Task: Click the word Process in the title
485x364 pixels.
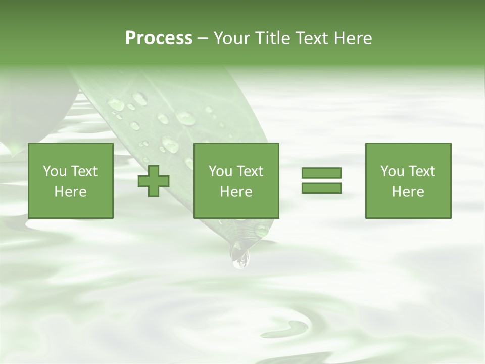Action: pos(159,38)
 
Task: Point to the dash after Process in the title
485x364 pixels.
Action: pos(203,39)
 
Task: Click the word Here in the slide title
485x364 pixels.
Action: pos(353,38)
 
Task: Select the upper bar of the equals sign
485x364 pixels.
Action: pos(321,173)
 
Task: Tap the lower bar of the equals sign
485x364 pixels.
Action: pos(321,188)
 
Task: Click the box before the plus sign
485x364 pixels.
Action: pos(71,152)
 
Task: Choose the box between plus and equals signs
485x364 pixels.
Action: pos(236,152)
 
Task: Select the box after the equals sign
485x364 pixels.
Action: pos(408,152)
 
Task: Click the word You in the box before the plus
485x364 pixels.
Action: pos(54,171)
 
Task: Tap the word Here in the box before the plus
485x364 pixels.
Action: pos(70,192)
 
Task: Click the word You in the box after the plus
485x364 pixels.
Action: pos(220,171)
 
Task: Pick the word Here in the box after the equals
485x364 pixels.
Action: pos(408,192)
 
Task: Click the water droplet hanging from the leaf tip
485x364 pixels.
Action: pos(240,257)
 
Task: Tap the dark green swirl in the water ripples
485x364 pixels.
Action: pos(290,328)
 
